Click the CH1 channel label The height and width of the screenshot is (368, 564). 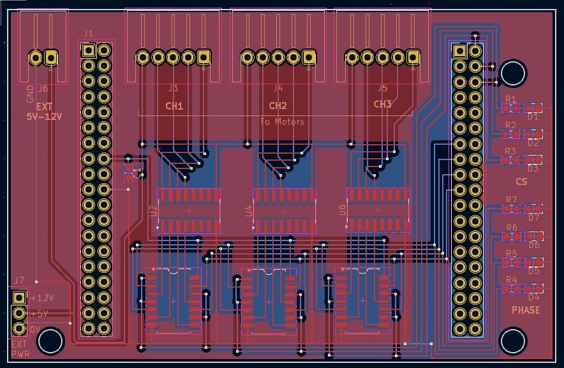point(174,107)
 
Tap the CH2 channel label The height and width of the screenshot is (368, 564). point(278,106)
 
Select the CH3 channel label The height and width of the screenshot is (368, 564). point(382,104)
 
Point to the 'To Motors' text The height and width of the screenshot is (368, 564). point(282,121)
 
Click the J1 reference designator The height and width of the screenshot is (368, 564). point(89,33)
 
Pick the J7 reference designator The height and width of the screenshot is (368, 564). point(19,280)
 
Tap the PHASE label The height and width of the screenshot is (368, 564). point(526,311)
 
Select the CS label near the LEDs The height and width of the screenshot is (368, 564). point(521,182)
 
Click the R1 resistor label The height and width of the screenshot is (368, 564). point(510,99)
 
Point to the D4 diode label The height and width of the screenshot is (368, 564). point(534,297)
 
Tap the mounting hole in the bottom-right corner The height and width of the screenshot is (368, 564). point(513,341)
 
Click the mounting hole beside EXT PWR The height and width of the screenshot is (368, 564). point(50,341)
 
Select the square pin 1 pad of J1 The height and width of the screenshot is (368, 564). point(89,50)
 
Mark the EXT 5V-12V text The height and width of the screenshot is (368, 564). point(43,112)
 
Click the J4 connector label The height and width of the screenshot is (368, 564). point(278,88)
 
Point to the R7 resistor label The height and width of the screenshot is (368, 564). point(511,200)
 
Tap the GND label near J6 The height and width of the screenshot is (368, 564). point(30,95)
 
